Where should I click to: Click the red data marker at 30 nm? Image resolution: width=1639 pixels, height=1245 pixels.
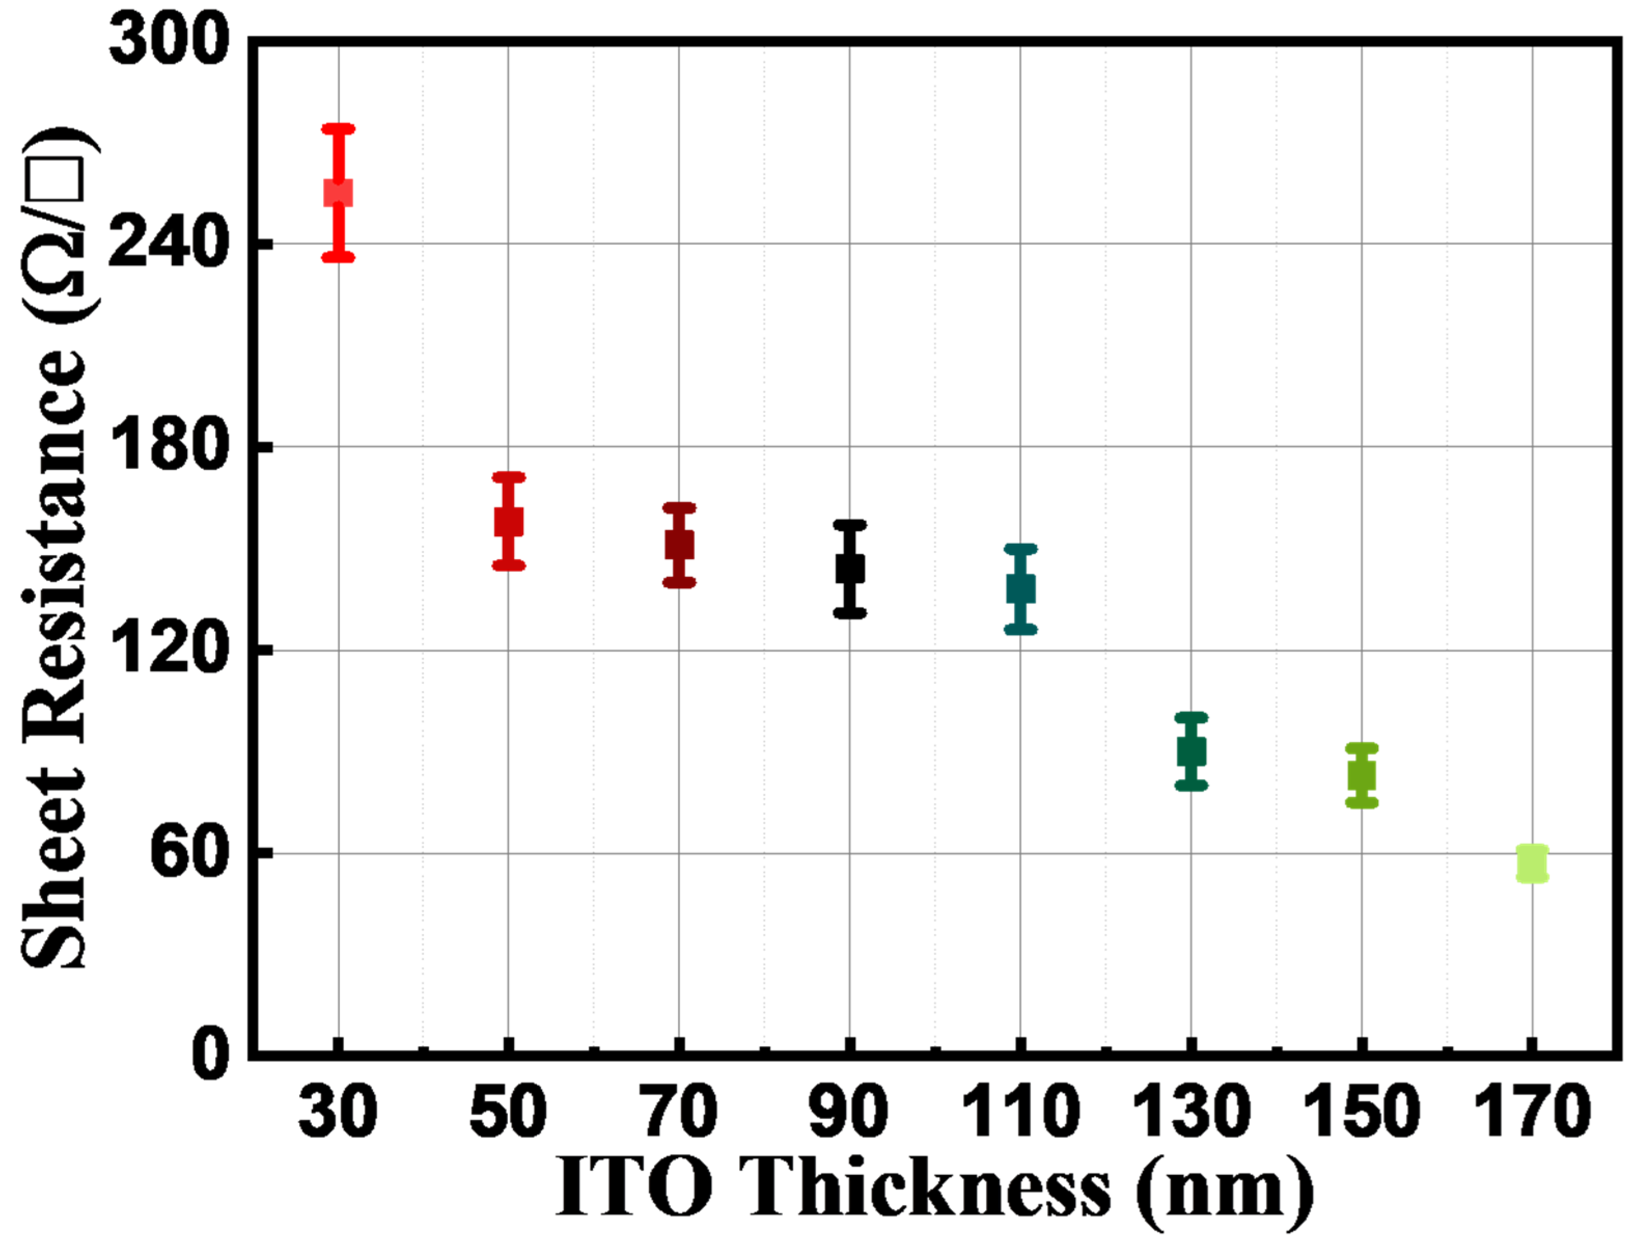point(338,192)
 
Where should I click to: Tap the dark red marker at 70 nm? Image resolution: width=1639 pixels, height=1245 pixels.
point(679,545)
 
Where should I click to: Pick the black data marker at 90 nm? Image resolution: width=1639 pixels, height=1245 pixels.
point(849,569)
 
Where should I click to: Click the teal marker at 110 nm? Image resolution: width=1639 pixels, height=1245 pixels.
point(1020,589)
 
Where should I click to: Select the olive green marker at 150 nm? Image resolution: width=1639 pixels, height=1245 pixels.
point(1361,776)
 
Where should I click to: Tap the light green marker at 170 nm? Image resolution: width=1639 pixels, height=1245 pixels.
point(1532,863)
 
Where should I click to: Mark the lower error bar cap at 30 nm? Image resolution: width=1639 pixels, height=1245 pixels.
point(338,257)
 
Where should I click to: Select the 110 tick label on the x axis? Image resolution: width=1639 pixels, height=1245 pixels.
point(1020,1110)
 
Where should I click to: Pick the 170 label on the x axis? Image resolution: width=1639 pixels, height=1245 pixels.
point(1532,1110)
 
